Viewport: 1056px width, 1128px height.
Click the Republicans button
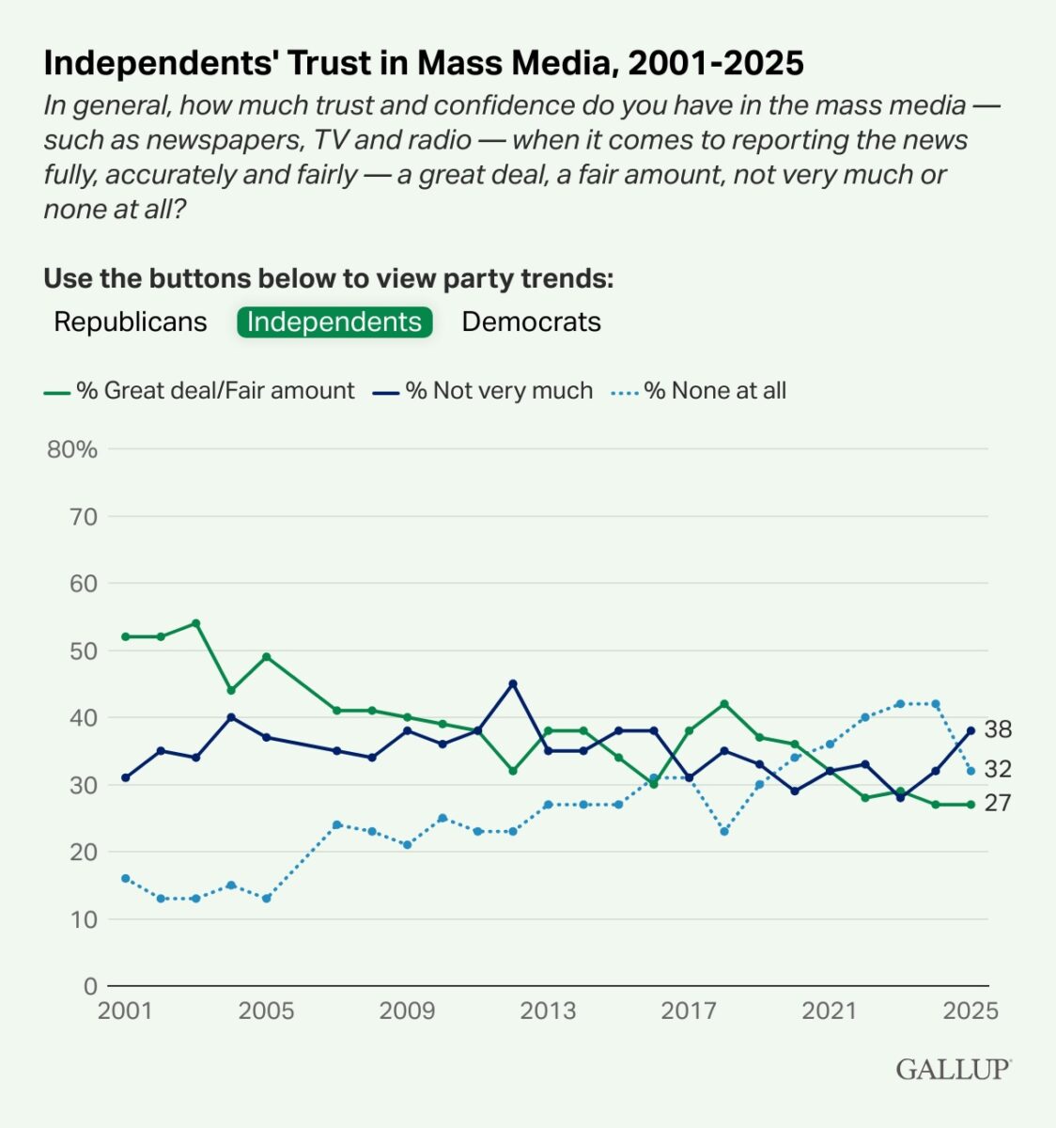coord(131,321)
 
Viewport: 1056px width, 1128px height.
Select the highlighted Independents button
coord(334,321)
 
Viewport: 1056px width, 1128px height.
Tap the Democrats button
coord(531,321)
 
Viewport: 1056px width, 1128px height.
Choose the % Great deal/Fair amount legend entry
coord(214,391)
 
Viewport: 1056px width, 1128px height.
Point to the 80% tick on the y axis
coord(73,449)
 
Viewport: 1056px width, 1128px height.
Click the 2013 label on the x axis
coord(548,1011)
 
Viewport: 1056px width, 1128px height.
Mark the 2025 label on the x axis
coord(971,1011)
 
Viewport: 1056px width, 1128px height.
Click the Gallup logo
coord(953,1070)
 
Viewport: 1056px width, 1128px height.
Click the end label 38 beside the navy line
coord(998,730)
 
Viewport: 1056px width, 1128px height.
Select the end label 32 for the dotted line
coord(998,770)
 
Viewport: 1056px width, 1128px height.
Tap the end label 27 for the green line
coord(998,803)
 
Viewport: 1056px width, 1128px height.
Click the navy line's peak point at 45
coord(513,683)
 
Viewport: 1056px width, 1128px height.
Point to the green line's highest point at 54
coord(195,623)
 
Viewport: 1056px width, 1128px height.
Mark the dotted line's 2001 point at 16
coord(125,878)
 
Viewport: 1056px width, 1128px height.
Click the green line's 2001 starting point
coord(125,636)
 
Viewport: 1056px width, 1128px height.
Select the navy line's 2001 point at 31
coord(125,777)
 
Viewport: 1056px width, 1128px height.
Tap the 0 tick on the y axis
coord(90,986)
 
